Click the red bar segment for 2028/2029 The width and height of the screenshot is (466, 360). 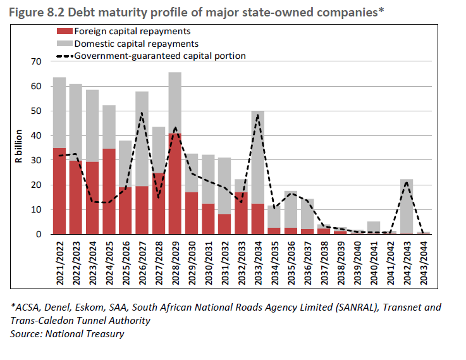click(x=175, y=183)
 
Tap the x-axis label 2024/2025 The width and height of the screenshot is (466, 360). click(x=109, y=261)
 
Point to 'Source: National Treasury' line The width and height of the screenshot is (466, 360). click(x=67, y=333)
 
